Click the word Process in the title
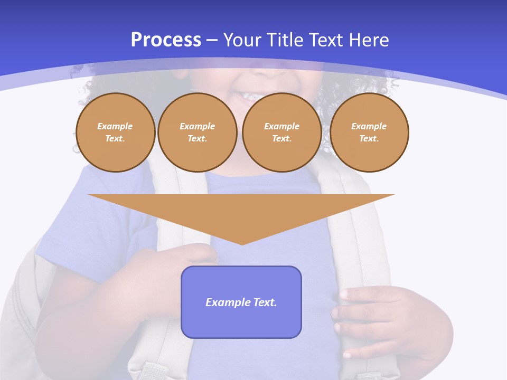click(166, 40)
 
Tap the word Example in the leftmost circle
click(115, 126)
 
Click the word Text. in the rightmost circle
click(369, 138)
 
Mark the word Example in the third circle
click(281, 126)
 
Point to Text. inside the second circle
click(198, 138)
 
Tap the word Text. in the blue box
click(265, 302)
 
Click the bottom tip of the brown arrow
click(242, 244)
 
